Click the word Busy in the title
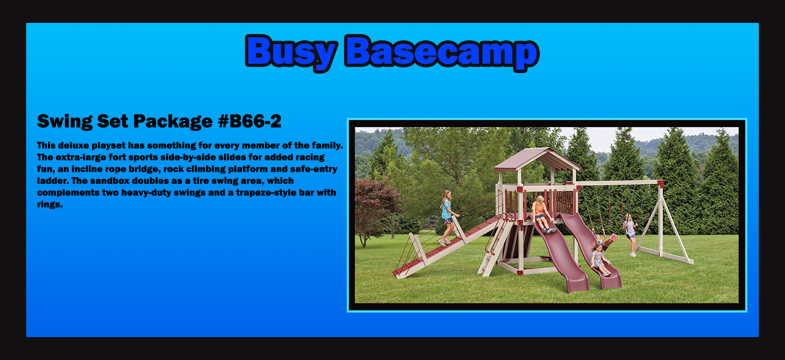292,52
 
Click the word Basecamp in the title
442,52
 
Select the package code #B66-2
250,121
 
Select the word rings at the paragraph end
50,205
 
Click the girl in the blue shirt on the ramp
447,217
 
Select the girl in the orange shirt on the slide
541,214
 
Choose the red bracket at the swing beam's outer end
660,183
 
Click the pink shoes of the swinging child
613,237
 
